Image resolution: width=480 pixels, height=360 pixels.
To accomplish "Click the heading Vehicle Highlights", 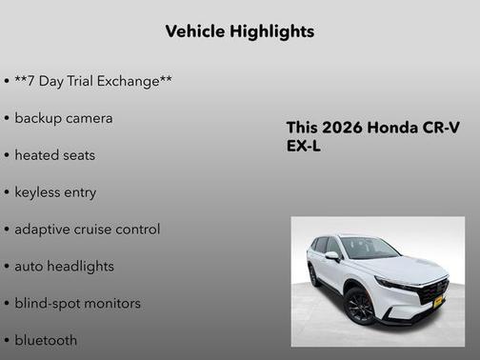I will [x=239, y=31].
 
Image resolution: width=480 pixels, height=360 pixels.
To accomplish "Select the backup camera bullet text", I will [x=63, y=118].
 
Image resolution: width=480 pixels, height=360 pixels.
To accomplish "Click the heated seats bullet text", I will [x=54, y=154].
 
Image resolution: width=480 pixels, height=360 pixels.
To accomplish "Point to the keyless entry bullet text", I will [x=55, y=191].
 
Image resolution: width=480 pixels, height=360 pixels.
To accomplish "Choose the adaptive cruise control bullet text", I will [x=87, y=229].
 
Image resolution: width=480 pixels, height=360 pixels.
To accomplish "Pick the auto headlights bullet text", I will [x=64, y=266].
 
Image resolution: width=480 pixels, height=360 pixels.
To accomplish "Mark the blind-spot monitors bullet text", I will [x=77, y=303].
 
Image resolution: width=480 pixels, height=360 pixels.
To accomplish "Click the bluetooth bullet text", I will [x=46, y=339].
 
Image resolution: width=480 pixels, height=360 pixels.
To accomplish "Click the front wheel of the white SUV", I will [x=360, y=306].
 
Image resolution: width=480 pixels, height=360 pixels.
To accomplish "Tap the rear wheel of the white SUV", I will [x=314, y=276].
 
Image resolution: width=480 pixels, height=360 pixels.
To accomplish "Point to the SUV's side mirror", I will [x=332, y=256].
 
